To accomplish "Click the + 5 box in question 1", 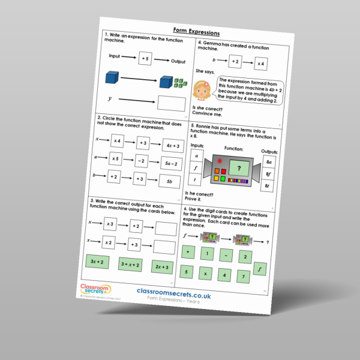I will tap(146, 59).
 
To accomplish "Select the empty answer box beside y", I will tap(172, 103).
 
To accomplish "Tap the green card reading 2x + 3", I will tap(162, 268).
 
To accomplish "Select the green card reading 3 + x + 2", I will tap(130, 265).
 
